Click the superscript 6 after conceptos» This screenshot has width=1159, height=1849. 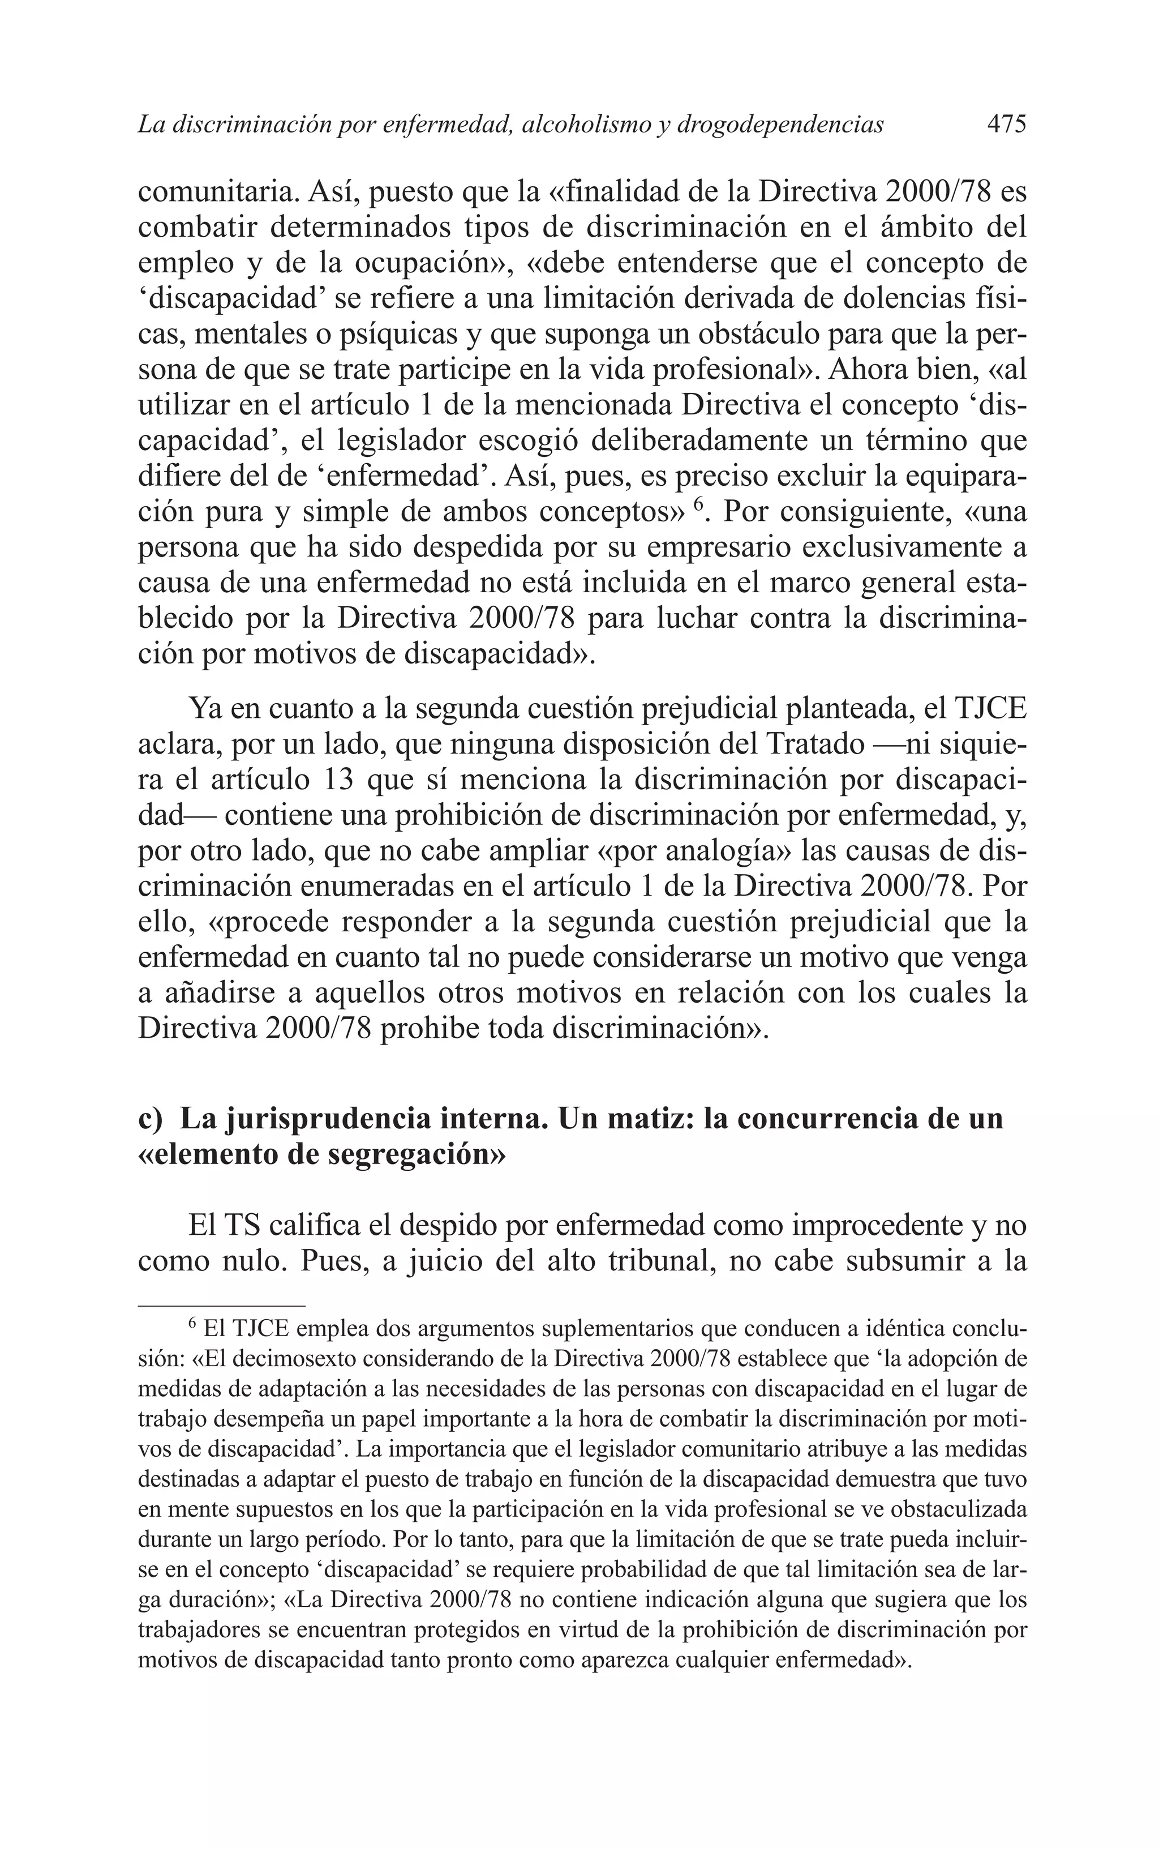coord(698,504)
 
